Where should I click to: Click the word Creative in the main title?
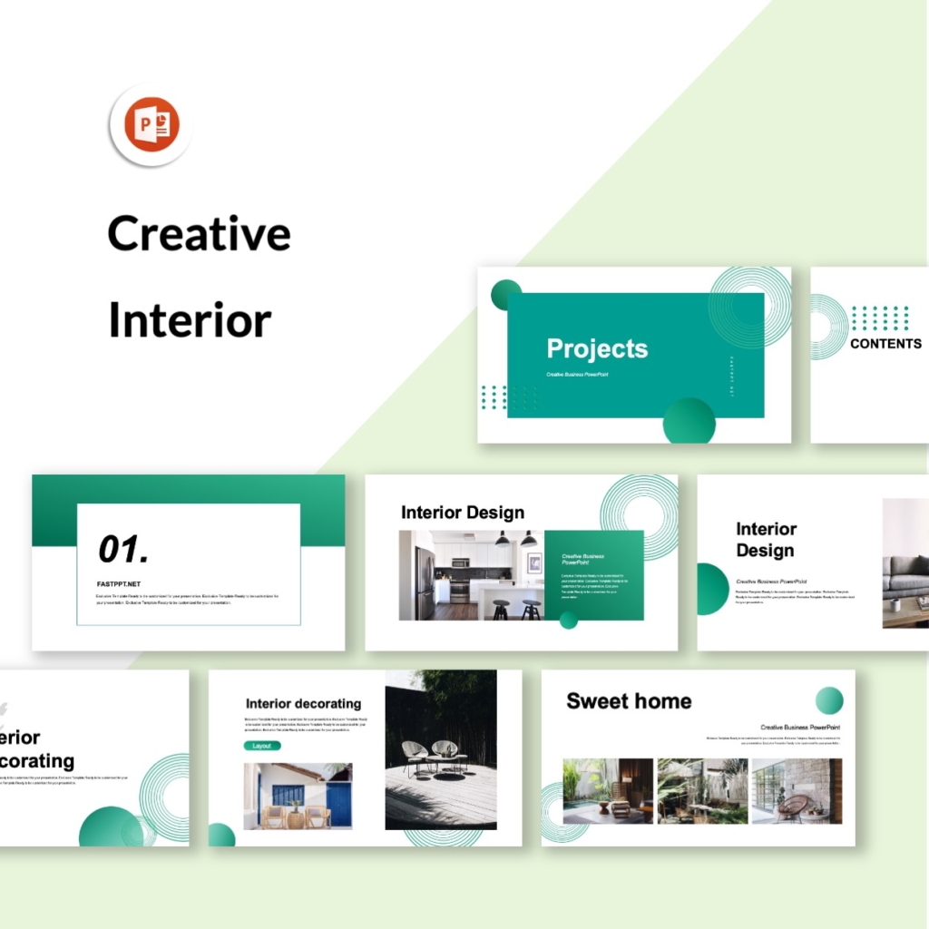pos(199,233)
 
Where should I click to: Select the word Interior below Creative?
pos(190,320)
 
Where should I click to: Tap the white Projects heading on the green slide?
pos(597,348)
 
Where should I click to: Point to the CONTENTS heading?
pos(885,343)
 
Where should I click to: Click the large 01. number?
pos(123,549)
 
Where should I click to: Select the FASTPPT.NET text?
pos(118,584)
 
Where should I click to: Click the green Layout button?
pos(261,746)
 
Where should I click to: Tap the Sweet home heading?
pos(629,700)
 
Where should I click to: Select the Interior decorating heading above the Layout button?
pos(303,703)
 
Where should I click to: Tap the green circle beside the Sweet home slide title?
pos(828,700)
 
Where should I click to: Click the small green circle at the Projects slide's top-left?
pos(505,295)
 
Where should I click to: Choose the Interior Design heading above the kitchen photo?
pos(462,513)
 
